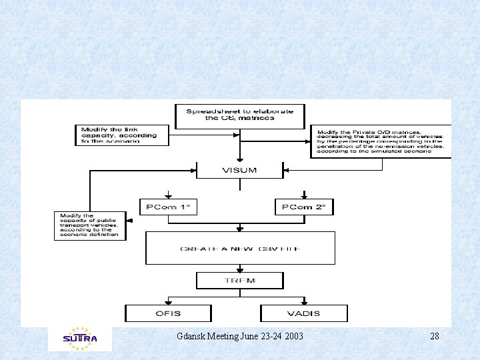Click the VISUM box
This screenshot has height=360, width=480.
click(x=239, y=170)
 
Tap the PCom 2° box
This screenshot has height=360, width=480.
click(x=304, y=207)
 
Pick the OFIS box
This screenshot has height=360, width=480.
click(x=168, y=313)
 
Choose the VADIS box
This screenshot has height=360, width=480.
click(x=304, y=313)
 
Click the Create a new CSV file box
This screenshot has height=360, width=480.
click(x=240, y=248)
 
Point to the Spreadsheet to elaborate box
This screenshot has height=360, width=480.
click(x=239, y=116)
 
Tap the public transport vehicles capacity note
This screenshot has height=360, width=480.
click(x=90, y=225)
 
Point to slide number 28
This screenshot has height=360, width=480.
click(x=435, y=336)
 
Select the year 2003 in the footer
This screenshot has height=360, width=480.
click(x=293, y=336)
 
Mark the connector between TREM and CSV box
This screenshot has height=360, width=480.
click(x=239, y=269)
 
